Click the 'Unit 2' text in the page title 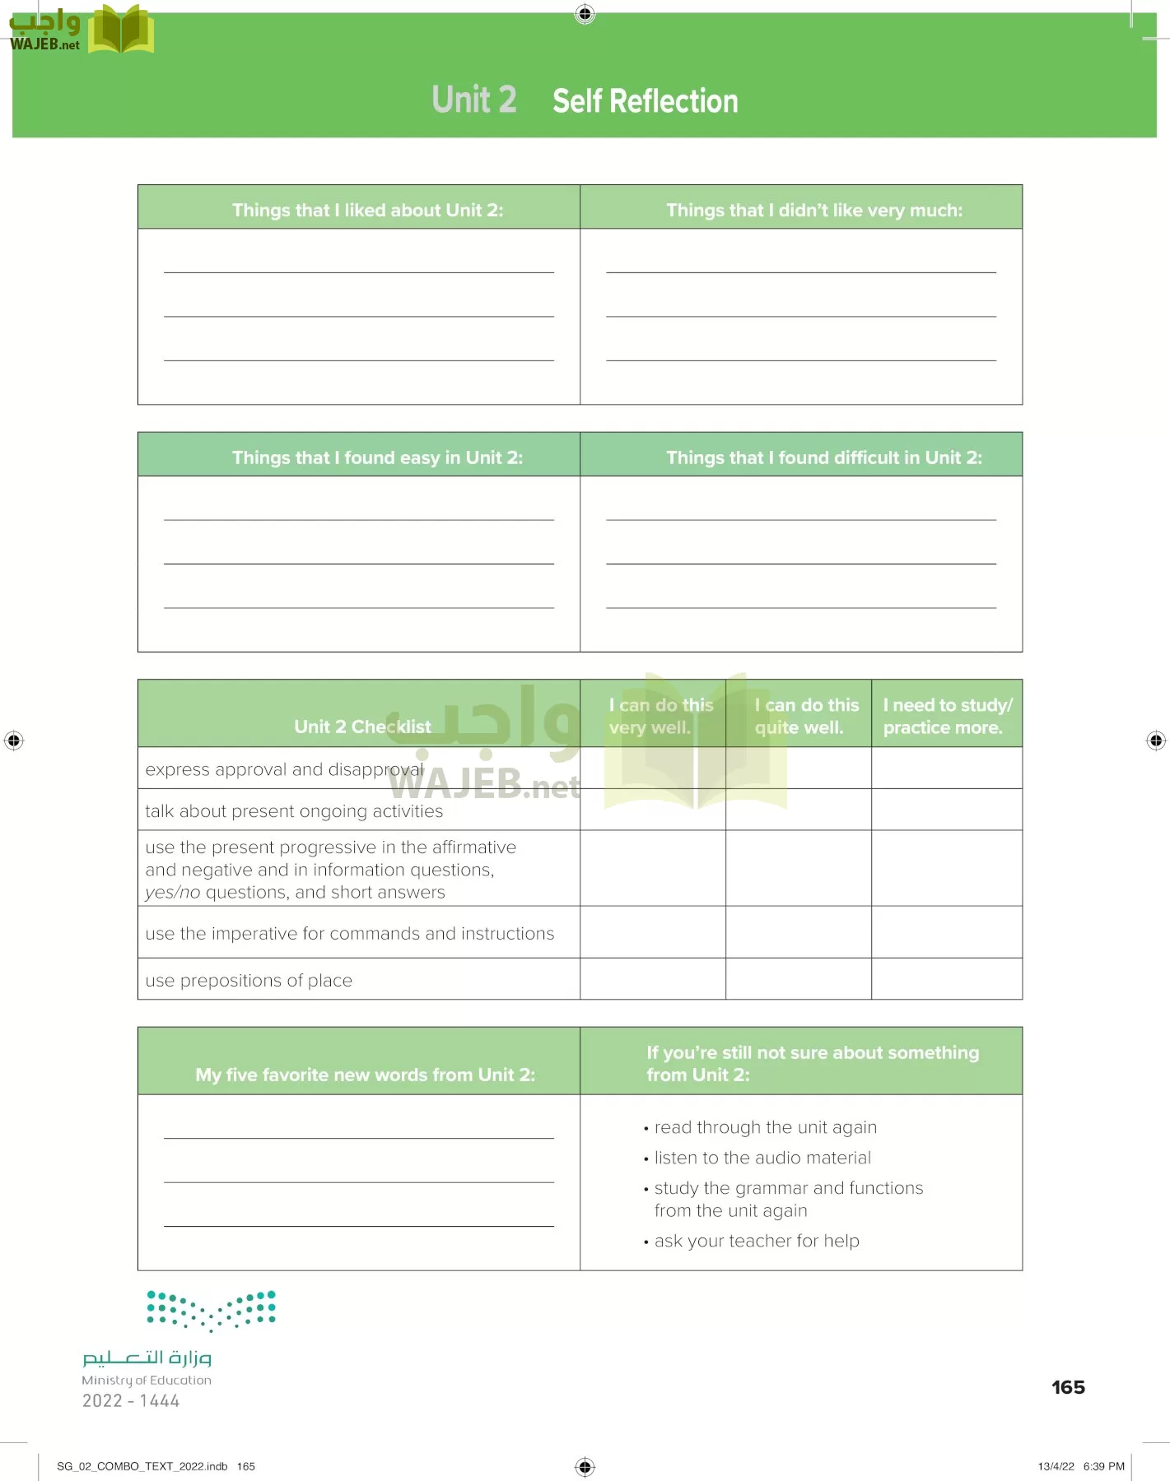(474, 100)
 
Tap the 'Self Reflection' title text (645, 101)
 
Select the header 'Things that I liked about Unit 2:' (367, 211)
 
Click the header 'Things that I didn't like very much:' (813, 211)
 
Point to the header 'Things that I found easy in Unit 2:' (377, 458)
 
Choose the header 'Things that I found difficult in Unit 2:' (823, 458)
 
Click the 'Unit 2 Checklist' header (362, 727)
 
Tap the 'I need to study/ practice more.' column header (947, 716)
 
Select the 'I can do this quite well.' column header (806, 716)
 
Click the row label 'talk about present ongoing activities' (294, 811)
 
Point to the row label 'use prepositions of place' (249, 981)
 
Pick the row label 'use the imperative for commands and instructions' (349, 934)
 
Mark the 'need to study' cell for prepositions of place (947, 979)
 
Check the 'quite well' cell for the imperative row (798, 932)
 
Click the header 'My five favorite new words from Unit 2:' (365, 1075)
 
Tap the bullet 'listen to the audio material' (762, 1158)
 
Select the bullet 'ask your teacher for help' (756, 1242)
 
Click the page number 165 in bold (1068, 1388)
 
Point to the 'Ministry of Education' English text (147, 1381)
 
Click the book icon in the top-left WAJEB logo (120, 31)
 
